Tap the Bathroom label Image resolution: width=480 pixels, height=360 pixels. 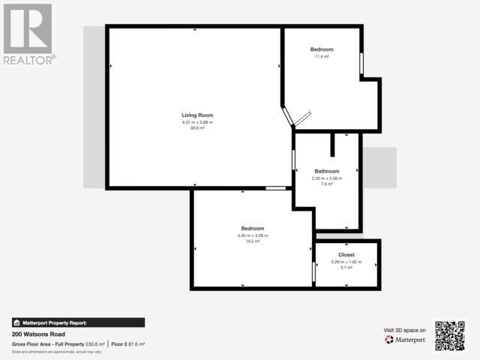pos(326,171)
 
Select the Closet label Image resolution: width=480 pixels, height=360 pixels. pos(346,255)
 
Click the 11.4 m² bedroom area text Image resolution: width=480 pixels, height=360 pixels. pos(322,56)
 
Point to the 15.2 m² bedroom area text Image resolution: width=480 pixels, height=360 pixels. pos(252,241)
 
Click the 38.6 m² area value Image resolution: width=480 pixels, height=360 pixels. pos(197,128)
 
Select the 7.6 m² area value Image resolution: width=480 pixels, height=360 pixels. pos(326,184)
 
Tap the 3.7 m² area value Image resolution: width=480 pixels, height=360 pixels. pos(346,268)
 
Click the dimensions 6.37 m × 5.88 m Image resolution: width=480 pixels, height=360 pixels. pos(197,122)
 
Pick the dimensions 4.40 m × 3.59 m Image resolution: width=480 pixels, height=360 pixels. pos(252,235)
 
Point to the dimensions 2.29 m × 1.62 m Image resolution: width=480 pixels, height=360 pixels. pos(346,262)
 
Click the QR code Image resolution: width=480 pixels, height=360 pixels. pos(450,335)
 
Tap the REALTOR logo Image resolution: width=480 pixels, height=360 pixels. pos(28,33)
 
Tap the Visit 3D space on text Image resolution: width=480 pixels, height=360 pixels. pos(405,330)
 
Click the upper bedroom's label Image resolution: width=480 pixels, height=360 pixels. pos(322,49)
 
